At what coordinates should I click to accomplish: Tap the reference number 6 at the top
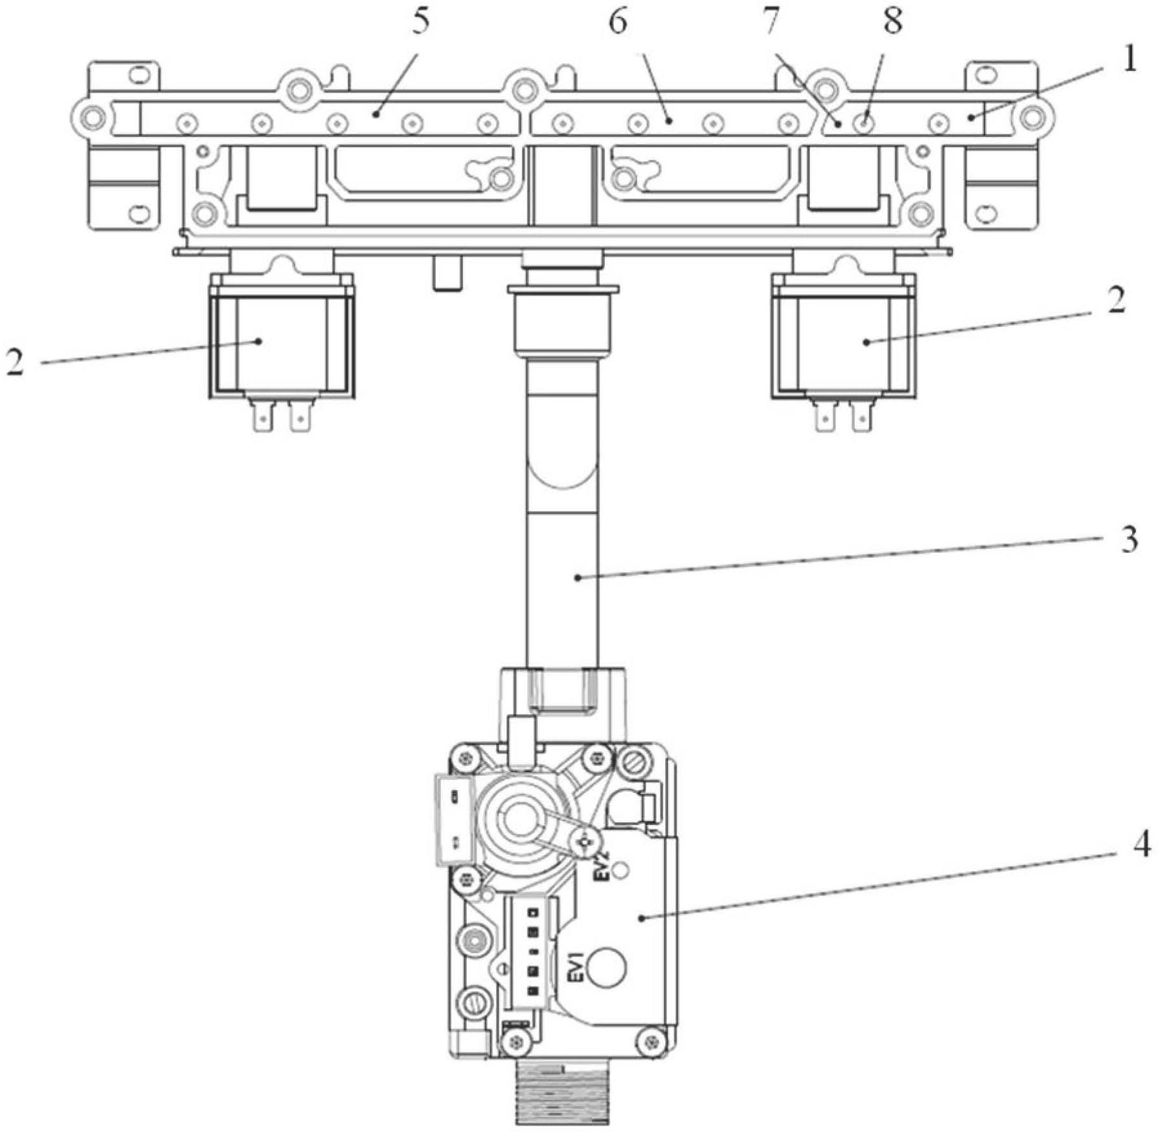tap(617, 23)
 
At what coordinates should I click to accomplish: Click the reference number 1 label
tap(1127, 61)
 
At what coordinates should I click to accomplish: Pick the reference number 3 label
tap(1128, 539)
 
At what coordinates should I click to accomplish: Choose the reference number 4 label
tap(1141, 846)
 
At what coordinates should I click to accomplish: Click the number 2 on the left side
tap(15, 362)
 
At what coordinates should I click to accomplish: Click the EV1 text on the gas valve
tap(576, 967)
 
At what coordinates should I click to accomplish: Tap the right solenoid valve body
tap(843, 342)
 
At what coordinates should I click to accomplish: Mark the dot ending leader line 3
tap(578, 578)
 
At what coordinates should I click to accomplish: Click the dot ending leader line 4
tap(642, 917)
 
